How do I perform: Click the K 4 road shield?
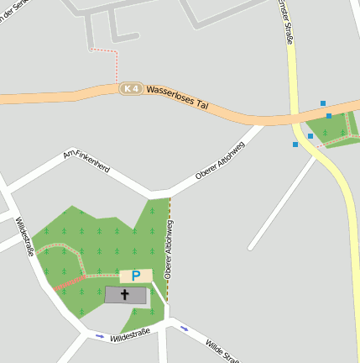[x=129, y=88]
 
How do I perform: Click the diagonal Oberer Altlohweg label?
[x=220, y=162]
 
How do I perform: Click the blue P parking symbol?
[x=135, y=276]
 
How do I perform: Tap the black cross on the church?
[x=126, y=295]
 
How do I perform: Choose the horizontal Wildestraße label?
[x=130, y=334]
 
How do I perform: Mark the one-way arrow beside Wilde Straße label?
[x=184, y=329]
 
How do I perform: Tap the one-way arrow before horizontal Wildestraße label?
[x=100, y=336]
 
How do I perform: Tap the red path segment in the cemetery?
[x=70, y=281]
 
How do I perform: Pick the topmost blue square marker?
[x=323, y=103]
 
